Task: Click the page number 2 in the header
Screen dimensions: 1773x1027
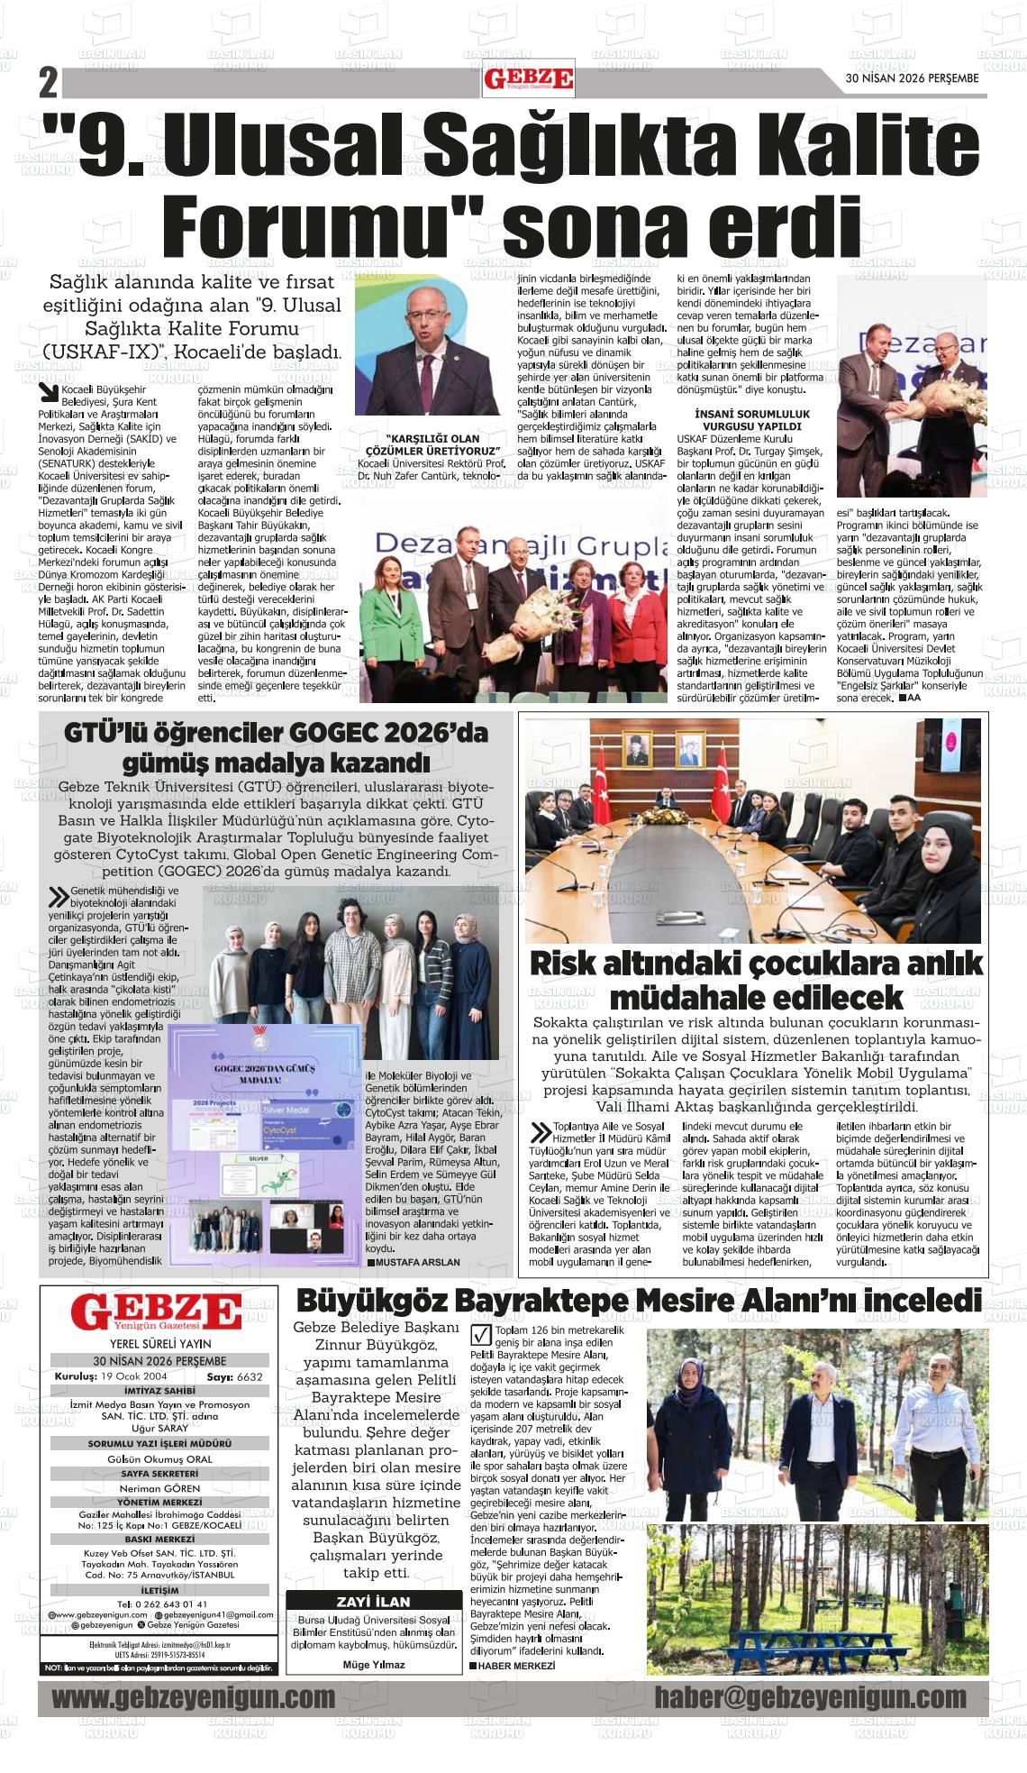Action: click(x=48, y=84)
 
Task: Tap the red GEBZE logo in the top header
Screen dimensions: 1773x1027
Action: click(x=529, y=80)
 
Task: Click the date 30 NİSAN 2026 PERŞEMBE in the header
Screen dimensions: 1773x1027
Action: click(x=912, y=78)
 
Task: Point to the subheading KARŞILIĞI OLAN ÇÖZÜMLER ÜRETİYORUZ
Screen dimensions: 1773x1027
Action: click(x=432, y=444)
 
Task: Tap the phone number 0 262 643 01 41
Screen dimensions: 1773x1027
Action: click(x=159, y=1604)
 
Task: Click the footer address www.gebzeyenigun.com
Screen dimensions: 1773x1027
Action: click(x=193, y=1698)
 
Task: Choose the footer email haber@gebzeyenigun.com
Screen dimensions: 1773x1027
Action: click(x=810, y=1698)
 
